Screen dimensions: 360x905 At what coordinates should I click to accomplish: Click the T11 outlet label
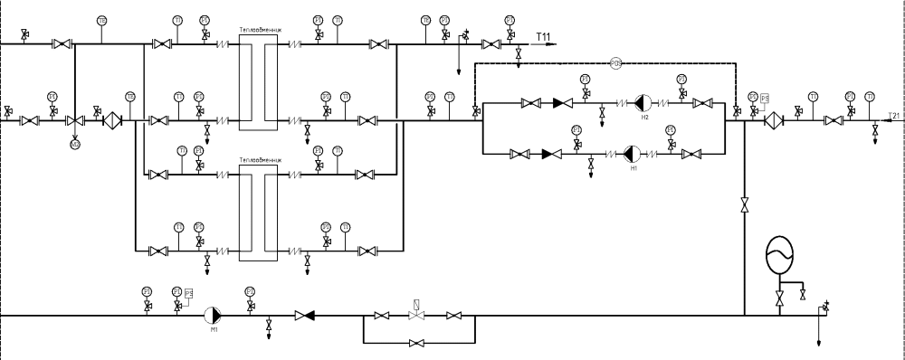click(544, 36)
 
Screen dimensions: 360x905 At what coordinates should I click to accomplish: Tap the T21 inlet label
click(894, 116)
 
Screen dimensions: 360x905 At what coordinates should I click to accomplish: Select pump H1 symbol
click(633, 154)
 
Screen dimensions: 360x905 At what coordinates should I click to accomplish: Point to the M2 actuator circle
click(74, 142)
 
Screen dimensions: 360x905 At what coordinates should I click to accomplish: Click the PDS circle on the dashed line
click(615, 63)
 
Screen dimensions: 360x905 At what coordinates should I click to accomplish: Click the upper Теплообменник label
click(261, 29)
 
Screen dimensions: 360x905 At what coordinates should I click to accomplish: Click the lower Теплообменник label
click(261, 159)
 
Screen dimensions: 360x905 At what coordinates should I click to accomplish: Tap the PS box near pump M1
click(189, 293)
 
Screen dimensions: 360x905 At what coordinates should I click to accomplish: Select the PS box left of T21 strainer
click(765, 98)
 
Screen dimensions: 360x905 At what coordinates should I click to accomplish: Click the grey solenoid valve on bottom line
click(417, 316)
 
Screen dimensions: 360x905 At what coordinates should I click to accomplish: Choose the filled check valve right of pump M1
click(305, 316)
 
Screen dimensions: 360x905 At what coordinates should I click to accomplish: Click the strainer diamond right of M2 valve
click(112, 120)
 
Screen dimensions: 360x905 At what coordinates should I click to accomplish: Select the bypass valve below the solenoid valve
click(417, 344)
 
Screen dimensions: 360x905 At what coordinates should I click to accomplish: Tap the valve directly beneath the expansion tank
click(779, 297)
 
